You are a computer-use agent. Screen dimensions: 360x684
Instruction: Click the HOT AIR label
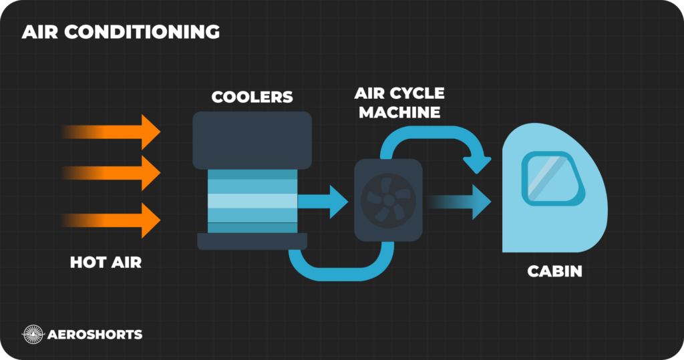coord(106,262)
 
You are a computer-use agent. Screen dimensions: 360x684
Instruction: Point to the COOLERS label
coord(252,97)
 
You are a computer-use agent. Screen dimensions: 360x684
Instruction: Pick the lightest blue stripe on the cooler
coord(252,201)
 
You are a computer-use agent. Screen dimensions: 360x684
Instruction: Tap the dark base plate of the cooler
coord(252,240)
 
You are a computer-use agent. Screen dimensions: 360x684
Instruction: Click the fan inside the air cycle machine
coord(387,198)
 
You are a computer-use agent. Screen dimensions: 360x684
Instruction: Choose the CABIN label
coord(555,272)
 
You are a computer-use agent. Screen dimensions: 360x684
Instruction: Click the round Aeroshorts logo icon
coord(33,334)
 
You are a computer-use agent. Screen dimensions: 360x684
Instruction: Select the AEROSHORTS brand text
coord(95,334)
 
